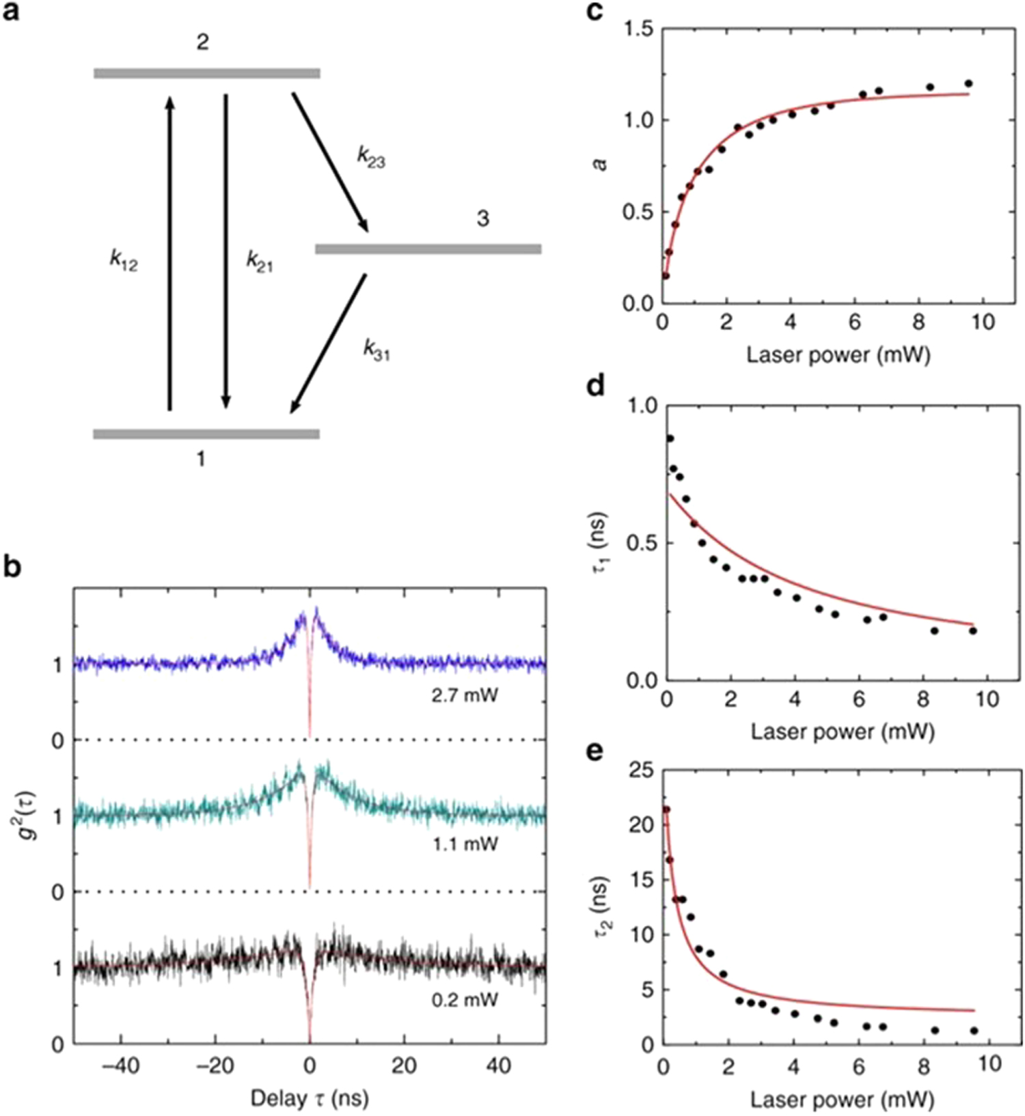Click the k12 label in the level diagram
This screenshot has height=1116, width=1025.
[x=124, y=260]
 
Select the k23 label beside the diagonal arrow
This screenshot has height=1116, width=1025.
[x=371, y=156]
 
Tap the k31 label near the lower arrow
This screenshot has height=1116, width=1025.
[x=376, y=350]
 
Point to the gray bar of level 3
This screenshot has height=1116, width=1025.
[x=428, y=249]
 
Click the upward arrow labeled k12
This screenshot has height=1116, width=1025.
[x=170, y=253]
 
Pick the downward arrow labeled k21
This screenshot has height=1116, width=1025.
[x=226, y=253]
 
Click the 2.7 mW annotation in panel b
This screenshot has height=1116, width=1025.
[x=465, y=696]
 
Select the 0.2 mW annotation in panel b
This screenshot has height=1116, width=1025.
[x=465, y=1001]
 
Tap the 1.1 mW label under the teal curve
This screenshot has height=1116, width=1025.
[x=465, y=844]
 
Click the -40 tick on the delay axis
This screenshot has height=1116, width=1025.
[x=120, y=1065]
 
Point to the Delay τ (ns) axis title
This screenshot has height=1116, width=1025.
[x=310, y=1098]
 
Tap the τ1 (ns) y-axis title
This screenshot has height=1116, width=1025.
[x=601, y=543]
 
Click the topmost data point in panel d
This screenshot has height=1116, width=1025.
[x=670, y=438]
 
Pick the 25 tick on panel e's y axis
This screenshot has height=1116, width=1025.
[x=640, y=770]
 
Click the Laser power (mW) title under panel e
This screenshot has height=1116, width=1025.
[x=842, y=1099]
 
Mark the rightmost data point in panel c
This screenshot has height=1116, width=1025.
[x=968, y=84]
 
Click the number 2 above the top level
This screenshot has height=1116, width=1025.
[x=202, y=42]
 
